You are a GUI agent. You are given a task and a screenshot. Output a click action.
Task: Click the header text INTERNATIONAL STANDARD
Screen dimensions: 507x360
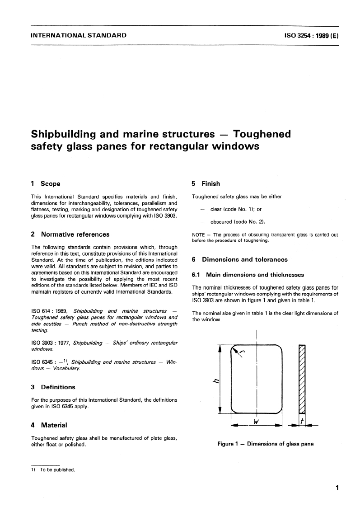tap(78, 35)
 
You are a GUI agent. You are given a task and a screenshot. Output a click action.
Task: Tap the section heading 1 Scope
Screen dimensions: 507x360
tap(45, 184)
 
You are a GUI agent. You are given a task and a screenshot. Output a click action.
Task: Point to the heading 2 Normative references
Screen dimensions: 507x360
tap(70, 235)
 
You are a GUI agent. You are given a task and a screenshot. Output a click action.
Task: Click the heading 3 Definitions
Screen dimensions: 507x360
tap(53, 387)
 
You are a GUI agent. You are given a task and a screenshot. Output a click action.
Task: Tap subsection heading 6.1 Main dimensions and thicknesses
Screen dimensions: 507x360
tap(248, 275)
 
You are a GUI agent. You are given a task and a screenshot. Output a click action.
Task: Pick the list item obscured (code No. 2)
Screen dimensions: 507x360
tap(237, 222)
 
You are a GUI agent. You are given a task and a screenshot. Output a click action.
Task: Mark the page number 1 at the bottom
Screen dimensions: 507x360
tap(337, 488)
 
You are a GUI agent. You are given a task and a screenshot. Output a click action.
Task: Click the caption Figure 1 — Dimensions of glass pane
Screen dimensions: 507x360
tap(266, 444)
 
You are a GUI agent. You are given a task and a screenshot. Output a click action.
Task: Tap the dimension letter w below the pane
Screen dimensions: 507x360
tap(256, 422)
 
